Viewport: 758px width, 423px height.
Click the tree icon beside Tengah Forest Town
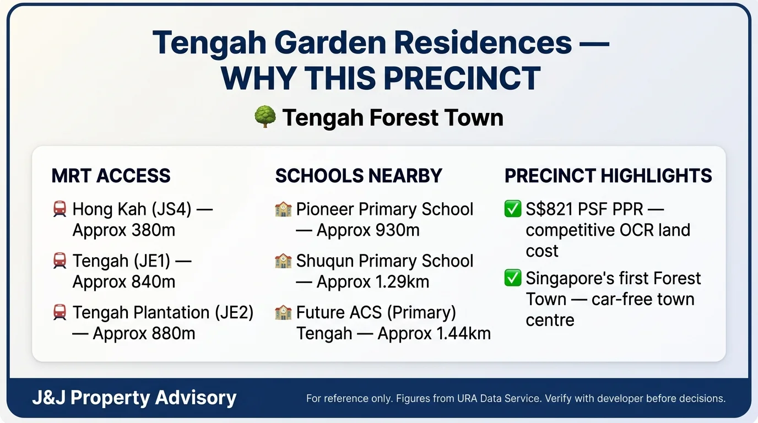[264, 118]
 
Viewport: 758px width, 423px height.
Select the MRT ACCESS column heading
[111, 176]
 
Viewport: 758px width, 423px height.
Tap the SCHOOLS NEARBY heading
[359, 176]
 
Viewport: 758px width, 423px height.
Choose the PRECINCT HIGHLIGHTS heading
[608, 176]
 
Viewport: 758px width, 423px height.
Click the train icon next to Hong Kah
[59, 209]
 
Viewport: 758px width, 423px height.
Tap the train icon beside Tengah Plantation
[59, 312]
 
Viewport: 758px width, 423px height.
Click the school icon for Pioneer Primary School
[283, 209]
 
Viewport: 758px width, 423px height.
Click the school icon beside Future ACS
[283, 312]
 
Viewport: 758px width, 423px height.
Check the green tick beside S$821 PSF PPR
[513, 209]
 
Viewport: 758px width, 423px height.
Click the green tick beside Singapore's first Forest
[513, 278]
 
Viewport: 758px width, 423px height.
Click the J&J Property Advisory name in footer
[134, 398]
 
